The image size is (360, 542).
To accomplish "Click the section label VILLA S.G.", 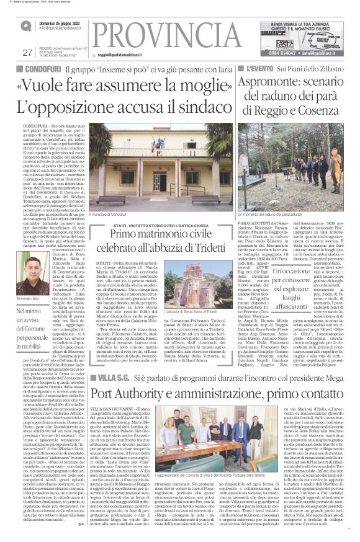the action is (x=113, y=342).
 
